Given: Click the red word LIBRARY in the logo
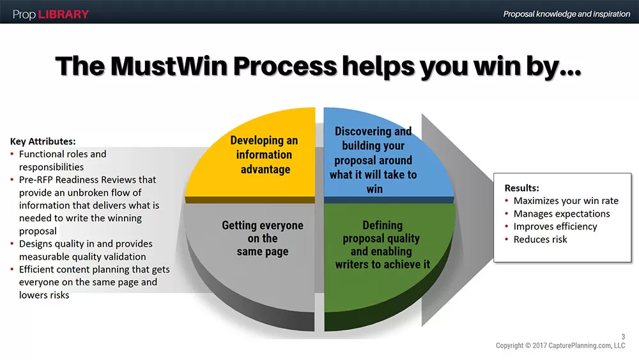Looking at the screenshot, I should click(x=64, y=14).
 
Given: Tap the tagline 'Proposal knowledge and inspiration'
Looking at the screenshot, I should click(x=566, y=14).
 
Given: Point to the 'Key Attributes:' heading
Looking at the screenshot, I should click(x=43, y=141).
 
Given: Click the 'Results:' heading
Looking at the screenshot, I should click(x=522, y=188).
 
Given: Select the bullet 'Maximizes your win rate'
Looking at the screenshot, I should click(x=566, y=201).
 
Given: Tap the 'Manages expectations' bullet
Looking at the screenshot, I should click(x=561, y=214).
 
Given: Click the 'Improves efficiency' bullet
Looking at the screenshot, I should click(x=555, y=226).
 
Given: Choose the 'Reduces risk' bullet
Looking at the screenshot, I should click(x=540, y=239).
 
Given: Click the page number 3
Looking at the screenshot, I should click(x=623, y=337).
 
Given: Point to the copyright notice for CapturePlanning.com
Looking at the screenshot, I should click(x=560, y=346).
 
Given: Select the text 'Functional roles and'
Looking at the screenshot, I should click(x=63, y=154).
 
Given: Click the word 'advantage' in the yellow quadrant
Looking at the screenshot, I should click(x=265, y=169).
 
